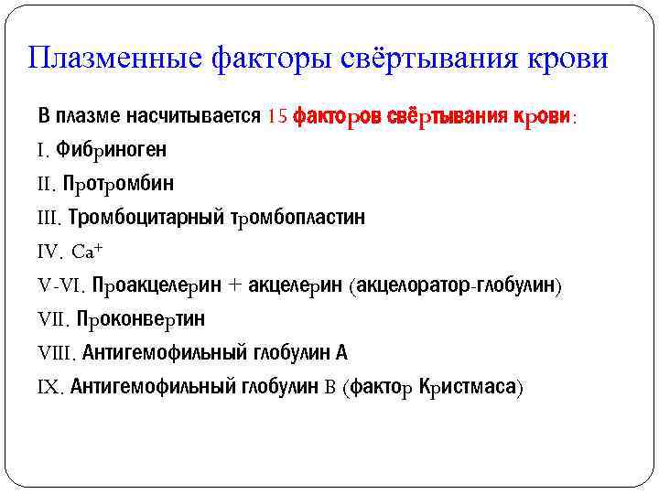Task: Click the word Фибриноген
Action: (x=111, y=149)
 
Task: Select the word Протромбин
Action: (x=118, y=183)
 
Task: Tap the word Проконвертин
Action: (x=141, y=318)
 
